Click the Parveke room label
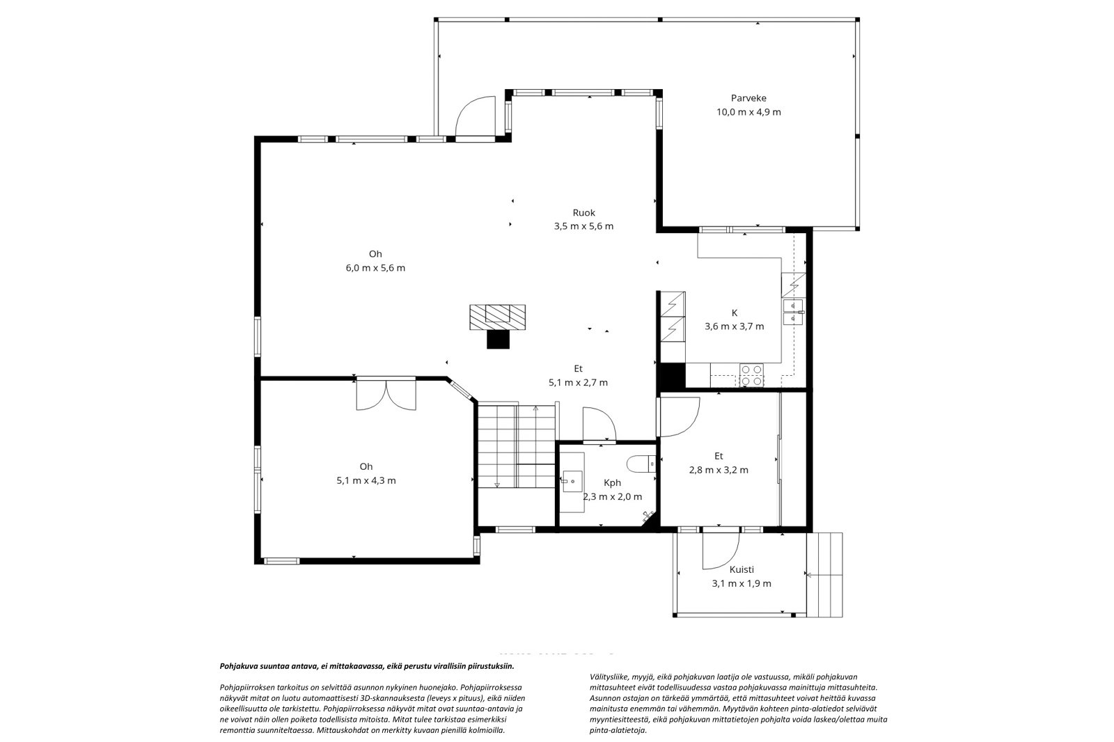(x=748, y=98)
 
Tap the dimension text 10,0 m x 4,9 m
(x=748, y=112)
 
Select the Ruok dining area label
(x=584, y=213)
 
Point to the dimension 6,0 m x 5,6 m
(x=375, y=268)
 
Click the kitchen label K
(x=735, y=313)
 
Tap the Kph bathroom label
(x=612, y=483)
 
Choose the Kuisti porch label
(x=742, y=570)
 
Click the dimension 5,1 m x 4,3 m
(x=366, y=481)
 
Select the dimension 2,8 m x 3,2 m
(x=719, y=470)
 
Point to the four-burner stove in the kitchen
(x=751, y=375)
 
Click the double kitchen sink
(x=793, y=312)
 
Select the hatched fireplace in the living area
(x=497, y=317)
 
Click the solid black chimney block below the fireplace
(x=499, y=339)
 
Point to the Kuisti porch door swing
(x=721, y=551)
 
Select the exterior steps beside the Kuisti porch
(x=824, y=574)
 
